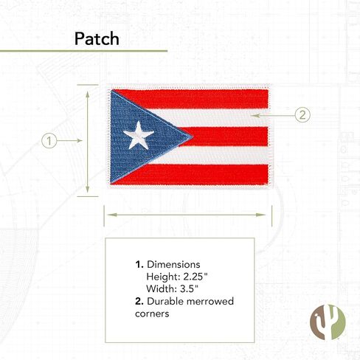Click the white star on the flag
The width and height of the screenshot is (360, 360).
(139, 136)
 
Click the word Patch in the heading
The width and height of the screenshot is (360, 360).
(97, 39)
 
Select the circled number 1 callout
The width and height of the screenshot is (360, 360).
(49, 141)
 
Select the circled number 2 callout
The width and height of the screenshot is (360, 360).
(302, 115)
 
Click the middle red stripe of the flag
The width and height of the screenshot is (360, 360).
(224, 136)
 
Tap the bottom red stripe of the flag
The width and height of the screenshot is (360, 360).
(190, 174)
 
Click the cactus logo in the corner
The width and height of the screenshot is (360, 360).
(328, 322)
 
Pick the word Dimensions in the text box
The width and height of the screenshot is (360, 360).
(173, 265)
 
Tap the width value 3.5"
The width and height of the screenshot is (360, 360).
(189, 288)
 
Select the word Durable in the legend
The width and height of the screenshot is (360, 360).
(165, 301)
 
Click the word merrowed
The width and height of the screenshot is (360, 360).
(210, 301)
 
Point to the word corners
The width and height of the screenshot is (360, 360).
(152, 314)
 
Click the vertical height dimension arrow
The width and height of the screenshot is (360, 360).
(88, 142)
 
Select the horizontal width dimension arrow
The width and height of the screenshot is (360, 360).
(187, 215)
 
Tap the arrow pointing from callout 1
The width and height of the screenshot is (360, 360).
(69, 140)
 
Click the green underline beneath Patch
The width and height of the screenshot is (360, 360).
(83, 51)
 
